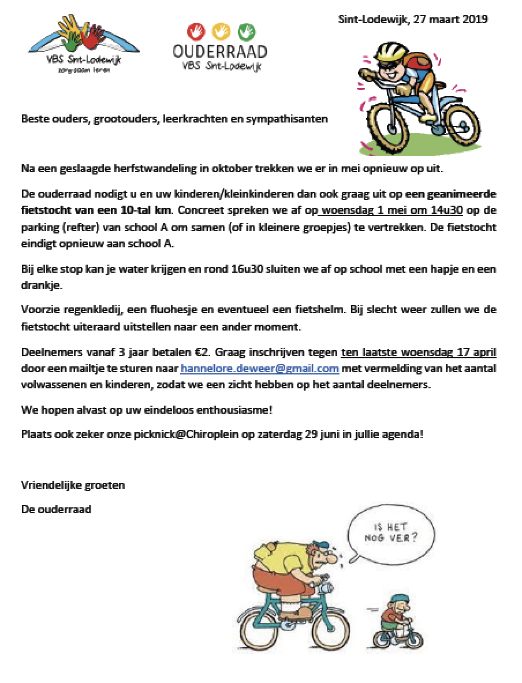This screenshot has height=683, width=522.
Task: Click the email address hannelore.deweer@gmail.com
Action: coord(259,369)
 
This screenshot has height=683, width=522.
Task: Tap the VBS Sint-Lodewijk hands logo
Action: coord(84,44)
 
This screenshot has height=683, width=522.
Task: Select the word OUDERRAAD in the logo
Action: coord(220,52)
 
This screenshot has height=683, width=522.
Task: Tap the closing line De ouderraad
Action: coord(57,510)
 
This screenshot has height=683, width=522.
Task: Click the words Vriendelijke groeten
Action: coord(73,485)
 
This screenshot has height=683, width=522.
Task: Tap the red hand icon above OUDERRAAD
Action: coord(197,31)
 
